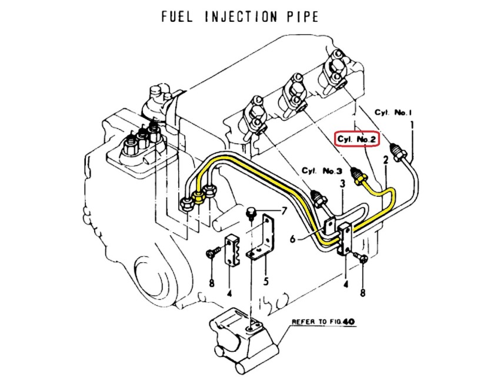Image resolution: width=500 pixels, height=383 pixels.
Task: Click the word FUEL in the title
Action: [x=177, y=16]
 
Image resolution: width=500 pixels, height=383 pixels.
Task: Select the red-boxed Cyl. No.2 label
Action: [x=357, y=139]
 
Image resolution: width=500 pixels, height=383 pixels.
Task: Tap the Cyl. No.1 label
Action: [x=393, y=113]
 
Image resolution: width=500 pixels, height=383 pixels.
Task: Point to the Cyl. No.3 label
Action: [x=322, y=171]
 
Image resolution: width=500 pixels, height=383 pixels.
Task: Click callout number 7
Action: [x=284, y=211]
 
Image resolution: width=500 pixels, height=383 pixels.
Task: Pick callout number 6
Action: [x=293, y=238]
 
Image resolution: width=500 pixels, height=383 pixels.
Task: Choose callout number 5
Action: [x=266, y=281]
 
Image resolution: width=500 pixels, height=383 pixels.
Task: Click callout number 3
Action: [x=342, y=184]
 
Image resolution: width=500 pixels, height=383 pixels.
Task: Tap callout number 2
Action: [x=385, y=160]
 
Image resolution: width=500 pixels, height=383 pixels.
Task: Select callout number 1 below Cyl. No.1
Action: [x=412, y=126]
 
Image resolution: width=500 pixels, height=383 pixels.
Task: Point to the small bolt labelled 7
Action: [x=251, y=213]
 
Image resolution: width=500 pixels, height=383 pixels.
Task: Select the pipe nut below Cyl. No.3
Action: [x=320, y=200]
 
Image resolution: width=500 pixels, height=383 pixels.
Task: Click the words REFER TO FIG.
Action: [x=316, y=322]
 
